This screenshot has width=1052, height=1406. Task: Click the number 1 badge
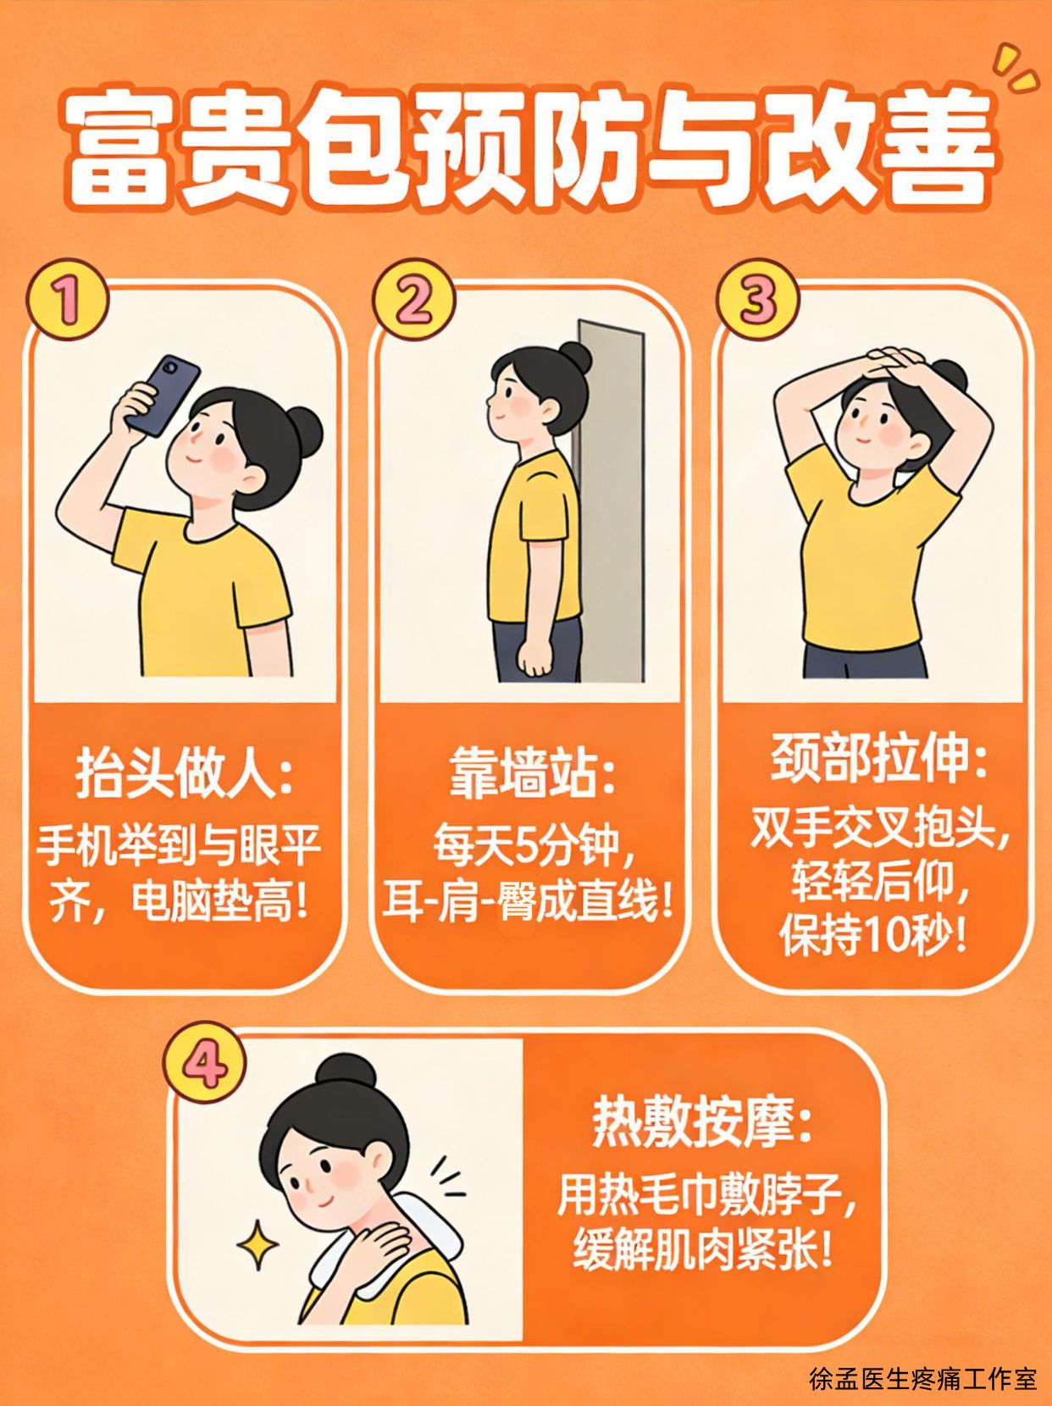[67, 300]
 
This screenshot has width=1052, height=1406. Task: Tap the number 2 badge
[413, 300]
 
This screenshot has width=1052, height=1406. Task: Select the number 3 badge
[757, 300]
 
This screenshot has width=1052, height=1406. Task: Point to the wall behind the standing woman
[610, 501]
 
